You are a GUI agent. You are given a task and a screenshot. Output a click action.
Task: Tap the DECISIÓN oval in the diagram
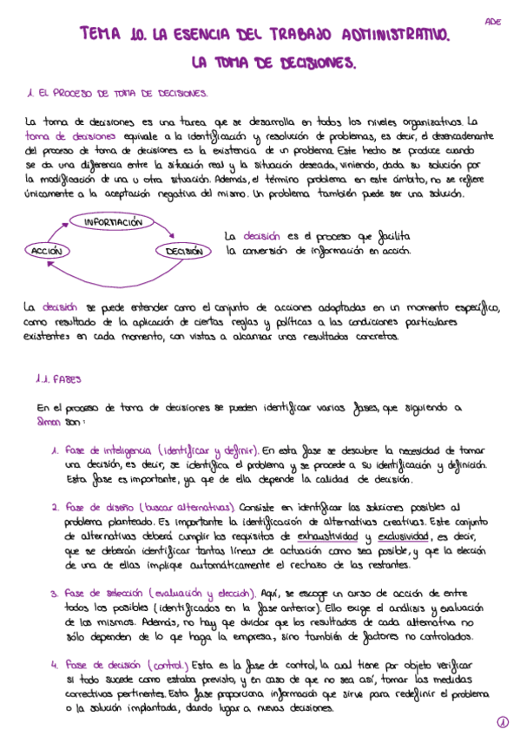(x=184, y=251)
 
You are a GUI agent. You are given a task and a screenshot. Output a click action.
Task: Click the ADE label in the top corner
(x=492, y=22)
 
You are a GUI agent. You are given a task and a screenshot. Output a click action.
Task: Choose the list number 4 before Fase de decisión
(x=54, y=666)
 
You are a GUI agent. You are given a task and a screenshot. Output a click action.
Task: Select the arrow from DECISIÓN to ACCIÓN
(x=113, y=265)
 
